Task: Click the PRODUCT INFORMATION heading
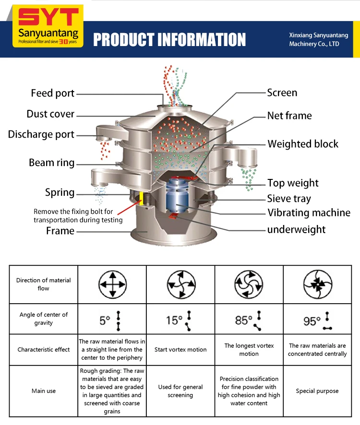point(169,39)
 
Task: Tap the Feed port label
point(53,93)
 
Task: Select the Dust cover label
point(50,114)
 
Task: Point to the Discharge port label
point(41,135)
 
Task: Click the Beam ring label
point(52,163)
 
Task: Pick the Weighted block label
point(303,144)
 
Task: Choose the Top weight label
point(293,183)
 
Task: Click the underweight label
point(296,229)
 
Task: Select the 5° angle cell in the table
point(112,319)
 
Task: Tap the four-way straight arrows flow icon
point(112,284)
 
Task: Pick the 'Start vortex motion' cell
point(180,349)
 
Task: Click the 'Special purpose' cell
point(317,391)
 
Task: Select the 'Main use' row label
point(44,391)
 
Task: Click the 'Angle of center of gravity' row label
point(44,319)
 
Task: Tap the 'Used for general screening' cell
point(180,391)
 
